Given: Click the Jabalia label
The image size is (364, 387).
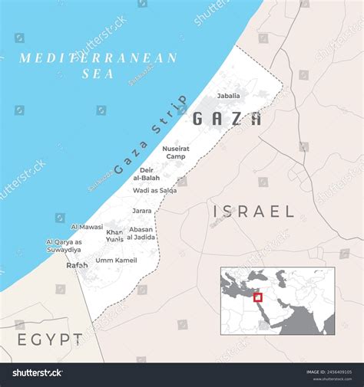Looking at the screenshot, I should [x=228, y=96].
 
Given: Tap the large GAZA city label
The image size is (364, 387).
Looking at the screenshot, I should [x=226, y=119].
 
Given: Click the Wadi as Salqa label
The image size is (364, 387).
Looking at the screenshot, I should [x=154, y=190].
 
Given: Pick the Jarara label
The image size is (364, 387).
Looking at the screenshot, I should [x=141, y=210].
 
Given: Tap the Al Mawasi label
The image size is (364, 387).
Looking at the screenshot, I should [x=87, y=227].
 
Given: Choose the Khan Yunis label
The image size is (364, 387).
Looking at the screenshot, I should [x=114, y=235].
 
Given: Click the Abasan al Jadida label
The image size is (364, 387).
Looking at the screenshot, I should [x=141, y=233].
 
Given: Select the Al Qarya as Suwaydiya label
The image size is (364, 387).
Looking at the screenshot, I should [x=64, y=246].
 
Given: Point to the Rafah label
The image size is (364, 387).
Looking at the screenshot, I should [x=77, y=265].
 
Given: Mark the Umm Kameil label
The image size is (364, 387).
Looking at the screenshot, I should [x=116, y=261].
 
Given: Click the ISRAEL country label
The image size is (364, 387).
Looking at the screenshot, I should [x=253, y=212].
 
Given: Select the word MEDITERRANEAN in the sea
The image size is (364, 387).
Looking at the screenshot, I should [x=98, y=58].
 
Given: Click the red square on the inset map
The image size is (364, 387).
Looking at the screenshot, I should [x=258, y=297].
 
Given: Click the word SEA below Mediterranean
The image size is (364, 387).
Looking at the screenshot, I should [x=98, y=74].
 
